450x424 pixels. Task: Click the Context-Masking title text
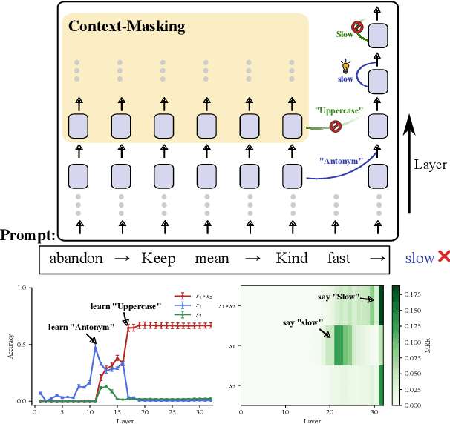coord(126,27)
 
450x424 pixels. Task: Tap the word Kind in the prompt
coord(291,259)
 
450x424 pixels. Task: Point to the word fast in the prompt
coord(339,259)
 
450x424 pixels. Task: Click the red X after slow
coord(444,257)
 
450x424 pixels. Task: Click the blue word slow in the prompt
coord(419,259)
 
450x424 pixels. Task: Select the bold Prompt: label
coord(27,236)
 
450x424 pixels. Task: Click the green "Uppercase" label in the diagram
coord(338,110)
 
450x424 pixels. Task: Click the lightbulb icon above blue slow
coord(344,66)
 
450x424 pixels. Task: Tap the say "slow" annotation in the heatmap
coord(304,322)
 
